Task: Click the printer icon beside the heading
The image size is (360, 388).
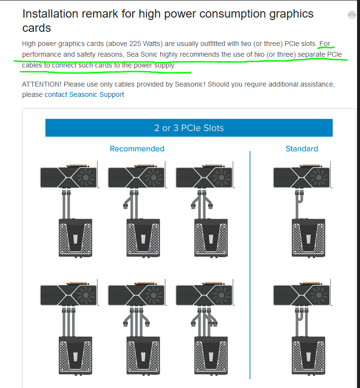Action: tap(352, 15)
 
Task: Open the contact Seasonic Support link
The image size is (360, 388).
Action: tap(84, 94)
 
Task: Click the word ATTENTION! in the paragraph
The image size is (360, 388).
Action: tap(42, 84)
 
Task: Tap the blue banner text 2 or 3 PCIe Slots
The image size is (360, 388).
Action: tap(189, 128)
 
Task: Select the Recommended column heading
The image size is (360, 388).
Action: tap(137, 149)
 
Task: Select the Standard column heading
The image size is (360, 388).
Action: tap(302, 149)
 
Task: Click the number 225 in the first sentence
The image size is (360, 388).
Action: tap(135, 44)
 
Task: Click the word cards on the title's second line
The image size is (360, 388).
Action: tap(37, 28)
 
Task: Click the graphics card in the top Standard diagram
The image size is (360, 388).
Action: tap(302, 176)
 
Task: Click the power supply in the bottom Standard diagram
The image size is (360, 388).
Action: tap(309, 355)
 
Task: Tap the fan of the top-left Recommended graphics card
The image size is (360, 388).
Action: tap(86, 177)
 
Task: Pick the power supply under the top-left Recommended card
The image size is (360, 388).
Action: tap(75, 238)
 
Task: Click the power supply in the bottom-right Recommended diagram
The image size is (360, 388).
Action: tap(211, 355)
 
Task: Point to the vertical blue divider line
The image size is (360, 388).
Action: tap(250, 265)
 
